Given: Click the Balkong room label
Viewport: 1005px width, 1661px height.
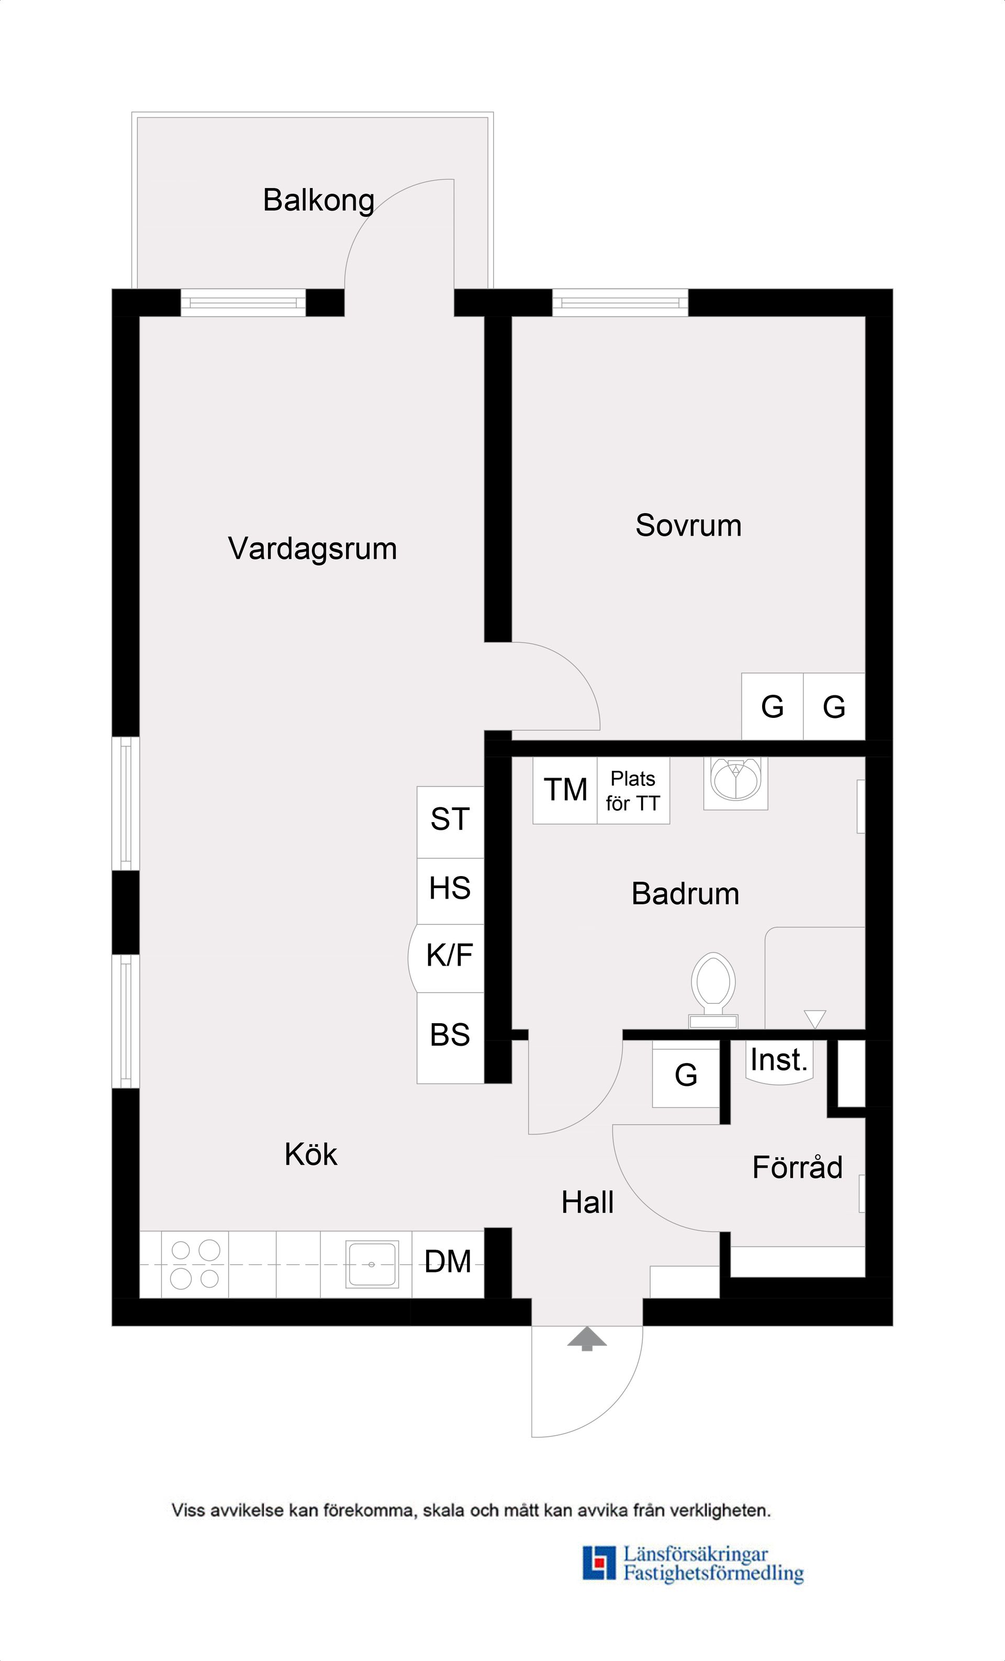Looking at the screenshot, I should pos(318,200).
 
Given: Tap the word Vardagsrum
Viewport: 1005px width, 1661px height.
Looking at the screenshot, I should pos(312,548).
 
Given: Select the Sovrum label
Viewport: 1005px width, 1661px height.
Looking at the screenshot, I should pos(688,525).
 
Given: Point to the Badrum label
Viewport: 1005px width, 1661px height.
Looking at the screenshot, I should pos(685,894).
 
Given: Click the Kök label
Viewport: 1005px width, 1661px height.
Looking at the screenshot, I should pos(311,1155).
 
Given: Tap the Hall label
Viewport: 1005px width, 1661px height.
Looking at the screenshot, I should pos(587,1203).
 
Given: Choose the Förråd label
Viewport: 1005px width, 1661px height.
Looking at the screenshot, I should pos(797,1168).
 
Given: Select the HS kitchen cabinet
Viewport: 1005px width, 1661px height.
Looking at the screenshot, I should pos(450,889).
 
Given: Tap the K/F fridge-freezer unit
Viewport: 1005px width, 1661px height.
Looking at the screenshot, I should pos(449,956).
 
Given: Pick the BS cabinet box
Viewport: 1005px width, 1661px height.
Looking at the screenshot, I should pos(450,1035).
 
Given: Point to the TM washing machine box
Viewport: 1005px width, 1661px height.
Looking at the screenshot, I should pos(565,790).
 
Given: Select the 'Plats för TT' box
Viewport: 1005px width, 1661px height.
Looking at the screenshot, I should pos(633,791).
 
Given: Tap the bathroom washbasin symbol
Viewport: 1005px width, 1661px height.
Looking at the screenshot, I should pos(735,781).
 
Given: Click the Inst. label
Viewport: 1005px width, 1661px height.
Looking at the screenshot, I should pos(778,1060).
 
